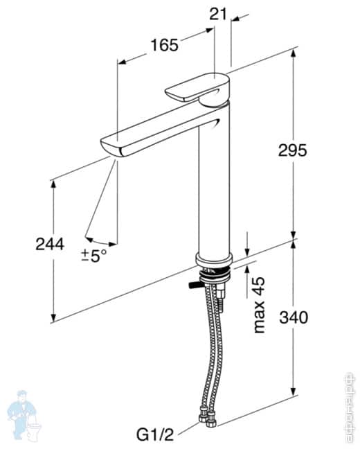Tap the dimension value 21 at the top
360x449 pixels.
tap(220, 12)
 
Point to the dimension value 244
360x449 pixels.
tap(50, 244)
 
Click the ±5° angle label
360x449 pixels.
tap(94, 255)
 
